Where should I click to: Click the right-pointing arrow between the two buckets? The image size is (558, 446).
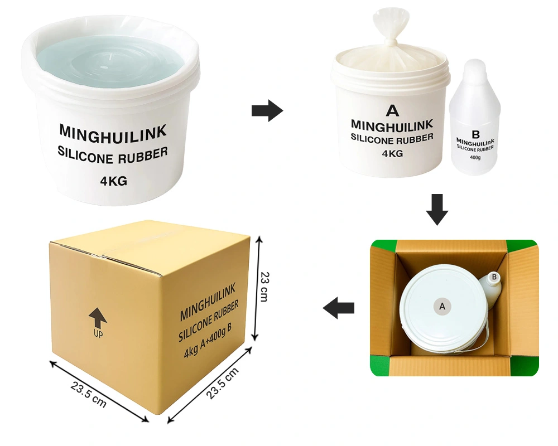click(267, 110)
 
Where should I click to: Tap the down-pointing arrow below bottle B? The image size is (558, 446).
click(437, 210)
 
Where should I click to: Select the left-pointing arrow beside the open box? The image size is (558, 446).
click(339, 308)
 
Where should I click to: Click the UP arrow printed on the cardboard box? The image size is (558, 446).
click(98, 318)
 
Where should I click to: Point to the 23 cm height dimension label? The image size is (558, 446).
click(264, 287)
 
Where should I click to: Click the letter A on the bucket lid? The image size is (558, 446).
click(442, 306)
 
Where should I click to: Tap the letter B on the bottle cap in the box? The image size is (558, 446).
click(494, 277)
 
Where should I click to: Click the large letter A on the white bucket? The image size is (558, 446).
click(392, 110)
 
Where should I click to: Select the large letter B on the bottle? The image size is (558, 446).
click(475, 134)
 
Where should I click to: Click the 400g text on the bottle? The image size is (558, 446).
click(475, 157)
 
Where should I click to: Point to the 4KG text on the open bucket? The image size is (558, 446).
click(113, 181)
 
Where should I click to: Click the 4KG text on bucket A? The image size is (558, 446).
click(392, 153)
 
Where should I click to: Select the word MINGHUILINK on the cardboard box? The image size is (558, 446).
click(208, 302)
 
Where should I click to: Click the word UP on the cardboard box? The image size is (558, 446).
click(98, 333)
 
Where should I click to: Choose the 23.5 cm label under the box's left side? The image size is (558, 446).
click(89, 394)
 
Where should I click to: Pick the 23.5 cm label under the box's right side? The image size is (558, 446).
click(222, 384)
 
